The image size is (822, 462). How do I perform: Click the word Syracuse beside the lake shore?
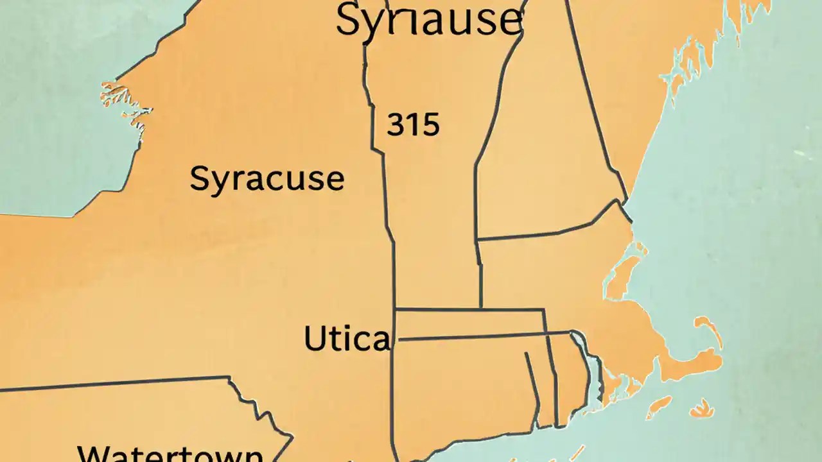(267, 179)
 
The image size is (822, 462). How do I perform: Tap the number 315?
(413, 124)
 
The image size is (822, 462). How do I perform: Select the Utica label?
(346, 339)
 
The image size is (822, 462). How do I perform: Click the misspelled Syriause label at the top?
(428, 21)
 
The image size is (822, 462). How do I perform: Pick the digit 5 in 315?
(431, 124)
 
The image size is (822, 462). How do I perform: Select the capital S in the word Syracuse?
(200, 179)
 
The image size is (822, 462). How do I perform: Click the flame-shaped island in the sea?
(703, 408)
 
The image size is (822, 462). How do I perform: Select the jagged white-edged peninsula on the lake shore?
(122, 103)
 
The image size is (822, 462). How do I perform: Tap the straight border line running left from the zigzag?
(116, 382)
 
